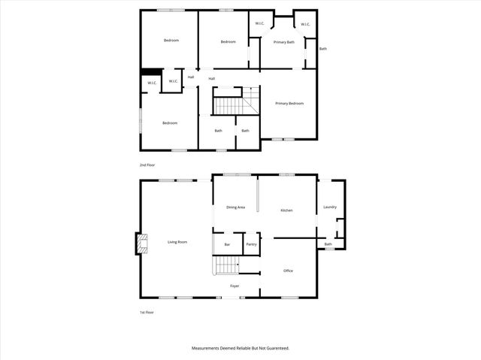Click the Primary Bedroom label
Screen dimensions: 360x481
click(x=289, y=103)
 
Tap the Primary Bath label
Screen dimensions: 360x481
click(x=284, y=42)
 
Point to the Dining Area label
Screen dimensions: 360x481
click(x=236, y=207)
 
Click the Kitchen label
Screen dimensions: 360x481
click(x=286, y=210)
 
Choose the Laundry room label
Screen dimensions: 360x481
click(x=329, y=207)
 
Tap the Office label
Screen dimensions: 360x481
click(x=288, y=271)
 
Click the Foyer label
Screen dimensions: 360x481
click(x=235, y=286)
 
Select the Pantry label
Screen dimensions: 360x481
click(x=252, y=244)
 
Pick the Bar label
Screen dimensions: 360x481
click(x=227, y=244)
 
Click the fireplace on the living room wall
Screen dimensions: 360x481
click(x=141, y=243)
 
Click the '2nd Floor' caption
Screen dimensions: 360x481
click(x=147, y=164)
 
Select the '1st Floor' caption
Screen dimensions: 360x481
click(x=147, y=312)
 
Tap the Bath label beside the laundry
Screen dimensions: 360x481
click(x=328, y=244)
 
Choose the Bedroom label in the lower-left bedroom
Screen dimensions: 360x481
click(x=170, y=123)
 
